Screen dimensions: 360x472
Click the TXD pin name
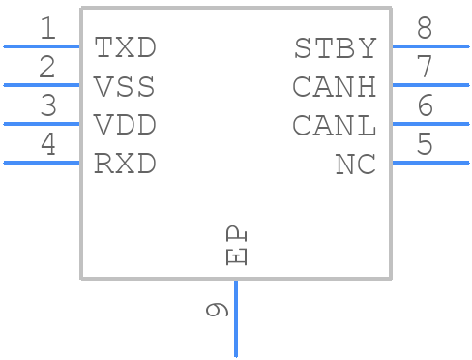tap(125, 47)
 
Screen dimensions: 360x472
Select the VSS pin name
tap(125, 87)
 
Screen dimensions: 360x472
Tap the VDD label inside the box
tap(125, 126)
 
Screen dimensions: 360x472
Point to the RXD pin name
tap(125, 165)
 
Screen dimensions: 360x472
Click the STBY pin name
tap(335, 47)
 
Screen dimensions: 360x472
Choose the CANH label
tap(334, 87)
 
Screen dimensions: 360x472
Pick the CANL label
tap(334, 126)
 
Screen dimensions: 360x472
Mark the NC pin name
tap(355, 165)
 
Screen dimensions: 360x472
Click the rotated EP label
tap(236, 246)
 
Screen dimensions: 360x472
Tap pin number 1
tap(47, 29)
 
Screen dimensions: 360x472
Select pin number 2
tap(47, 68)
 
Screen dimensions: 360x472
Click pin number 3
tap(47, 106)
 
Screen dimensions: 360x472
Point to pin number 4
tap(47, 145)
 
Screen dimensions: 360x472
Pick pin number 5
tap(424, 145)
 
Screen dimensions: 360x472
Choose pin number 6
tap(424, 106)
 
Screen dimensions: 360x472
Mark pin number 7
tap(424, 68)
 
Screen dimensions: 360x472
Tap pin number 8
tap(424, 29)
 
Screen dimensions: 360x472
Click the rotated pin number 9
tap(218, 310)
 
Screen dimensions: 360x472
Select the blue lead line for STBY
tap(429, 45)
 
